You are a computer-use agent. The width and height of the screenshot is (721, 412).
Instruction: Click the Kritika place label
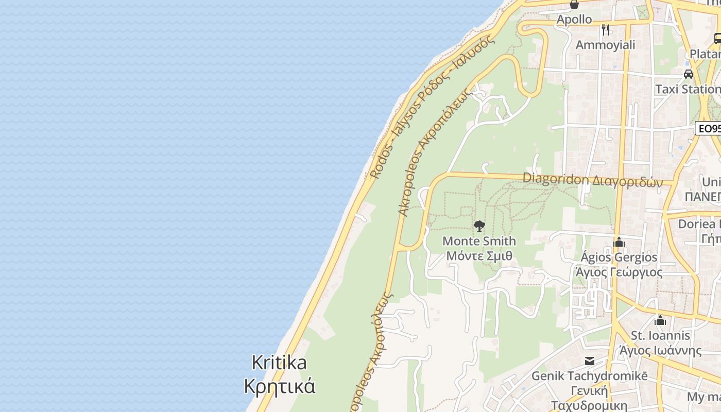279,363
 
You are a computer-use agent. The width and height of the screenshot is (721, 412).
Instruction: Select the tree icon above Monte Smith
479,226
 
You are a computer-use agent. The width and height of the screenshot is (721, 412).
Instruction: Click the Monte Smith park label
479,241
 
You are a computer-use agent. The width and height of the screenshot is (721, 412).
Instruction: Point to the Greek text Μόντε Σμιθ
479,256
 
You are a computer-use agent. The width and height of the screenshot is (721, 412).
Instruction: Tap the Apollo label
574,20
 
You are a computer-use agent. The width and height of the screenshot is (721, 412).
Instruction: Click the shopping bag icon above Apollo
574,5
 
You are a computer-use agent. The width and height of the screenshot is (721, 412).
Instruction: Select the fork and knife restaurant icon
606,30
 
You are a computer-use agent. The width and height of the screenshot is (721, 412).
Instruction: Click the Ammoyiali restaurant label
605,45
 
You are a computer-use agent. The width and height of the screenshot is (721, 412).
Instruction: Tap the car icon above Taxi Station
689,74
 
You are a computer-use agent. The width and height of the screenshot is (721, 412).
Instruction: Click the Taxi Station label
688,89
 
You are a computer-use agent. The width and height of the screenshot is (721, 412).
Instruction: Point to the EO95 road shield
709,128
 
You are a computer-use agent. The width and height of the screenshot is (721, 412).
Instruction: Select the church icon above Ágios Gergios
619,242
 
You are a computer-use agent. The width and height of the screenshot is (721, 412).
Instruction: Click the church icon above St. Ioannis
660,320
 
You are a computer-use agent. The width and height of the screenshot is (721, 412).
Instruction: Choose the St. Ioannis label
661,336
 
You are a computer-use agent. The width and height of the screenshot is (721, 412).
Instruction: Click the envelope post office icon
589,361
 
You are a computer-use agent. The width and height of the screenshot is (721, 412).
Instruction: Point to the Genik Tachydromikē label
589,376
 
